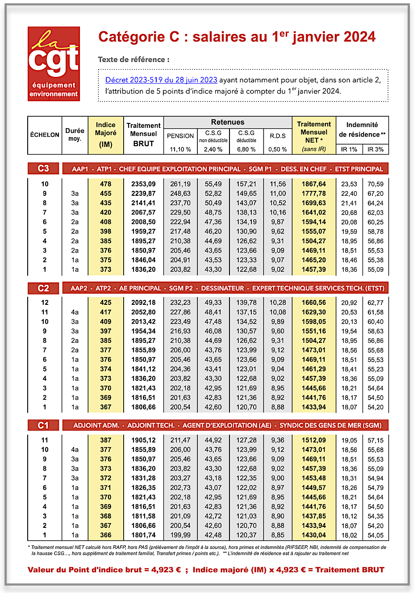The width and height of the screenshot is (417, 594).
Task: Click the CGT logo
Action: [x=54, y=63]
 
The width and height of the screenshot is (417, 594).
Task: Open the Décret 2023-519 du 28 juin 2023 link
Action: [x=161, y=80]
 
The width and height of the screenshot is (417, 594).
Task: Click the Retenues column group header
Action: [x=228, y=122]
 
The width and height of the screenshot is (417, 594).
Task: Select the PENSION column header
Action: [x=180, y=136]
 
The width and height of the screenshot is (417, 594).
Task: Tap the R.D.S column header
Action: [x=278, y=136]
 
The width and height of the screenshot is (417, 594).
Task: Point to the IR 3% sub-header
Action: [x=375, y=149]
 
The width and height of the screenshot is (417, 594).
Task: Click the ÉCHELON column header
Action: [x=45, y=135]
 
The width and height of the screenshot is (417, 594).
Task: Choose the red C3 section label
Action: [x=43, y=169]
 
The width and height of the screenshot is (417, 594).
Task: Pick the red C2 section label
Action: [x=43, y=288]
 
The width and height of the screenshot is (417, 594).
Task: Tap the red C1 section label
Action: [x=43, y=425]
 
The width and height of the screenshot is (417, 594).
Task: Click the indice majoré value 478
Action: [x=106, y=184]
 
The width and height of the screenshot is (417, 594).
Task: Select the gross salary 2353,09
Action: [x=143, y=184]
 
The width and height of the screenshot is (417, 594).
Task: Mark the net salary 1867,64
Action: [x=314, y=184]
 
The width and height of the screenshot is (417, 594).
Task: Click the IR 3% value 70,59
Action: [x=375, y=184]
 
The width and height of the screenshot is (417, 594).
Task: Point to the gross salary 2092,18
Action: [x=143, y=303]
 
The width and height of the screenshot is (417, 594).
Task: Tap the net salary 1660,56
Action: [x=314, y=303]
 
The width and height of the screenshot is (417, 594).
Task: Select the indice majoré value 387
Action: [x=106, y=440]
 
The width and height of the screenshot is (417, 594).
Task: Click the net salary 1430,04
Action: [x=314, y=535]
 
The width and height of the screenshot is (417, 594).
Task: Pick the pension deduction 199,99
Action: [x=180, y=535]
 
